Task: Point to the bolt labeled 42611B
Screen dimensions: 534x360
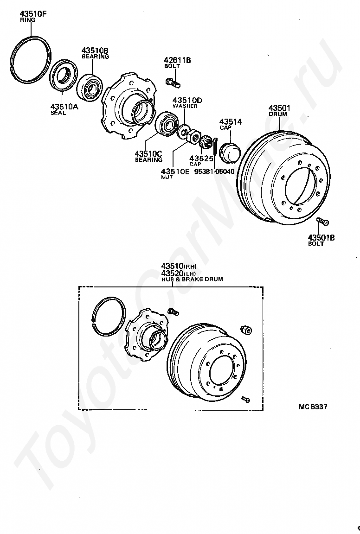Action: click(172, 83)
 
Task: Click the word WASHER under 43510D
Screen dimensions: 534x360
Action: click(185, 106)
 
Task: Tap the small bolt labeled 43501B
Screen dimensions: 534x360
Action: click(321, 222)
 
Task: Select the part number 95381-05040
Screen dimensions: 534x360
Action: click(214, 171)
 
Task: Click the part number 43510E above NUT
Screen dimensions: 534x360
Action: click(174, 171)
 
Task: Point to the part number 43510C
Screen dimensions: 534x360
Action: click(148, 153)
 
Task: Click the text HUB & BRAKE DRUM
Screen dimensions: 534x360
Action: click(192, 280)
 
